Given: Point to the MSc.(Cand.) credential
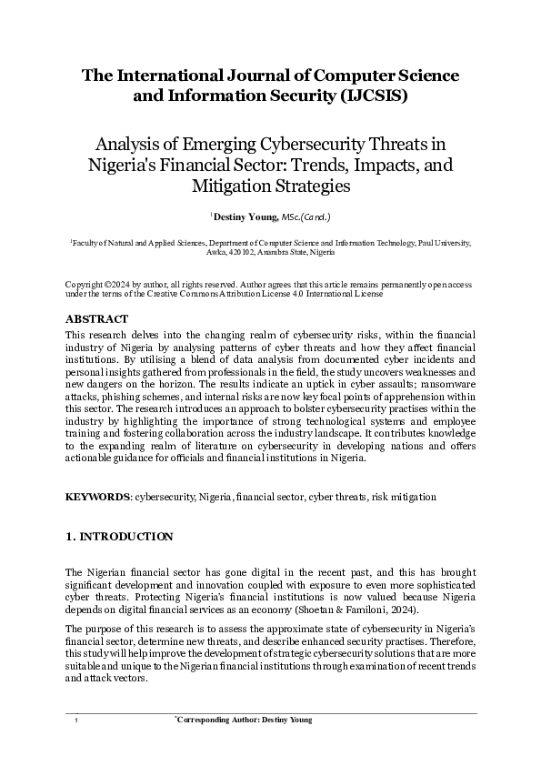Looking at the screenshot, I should tap(306, 217).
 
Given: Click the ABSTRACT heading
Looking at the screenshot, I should tap(97, 319).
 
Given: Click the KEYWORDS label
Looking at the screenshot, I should tap(98, 498).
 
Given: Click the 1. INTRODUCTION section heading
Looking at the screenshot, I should tap(119, 537).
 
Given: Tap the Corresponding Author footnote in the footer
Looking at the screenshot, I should tap(243, 720).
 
